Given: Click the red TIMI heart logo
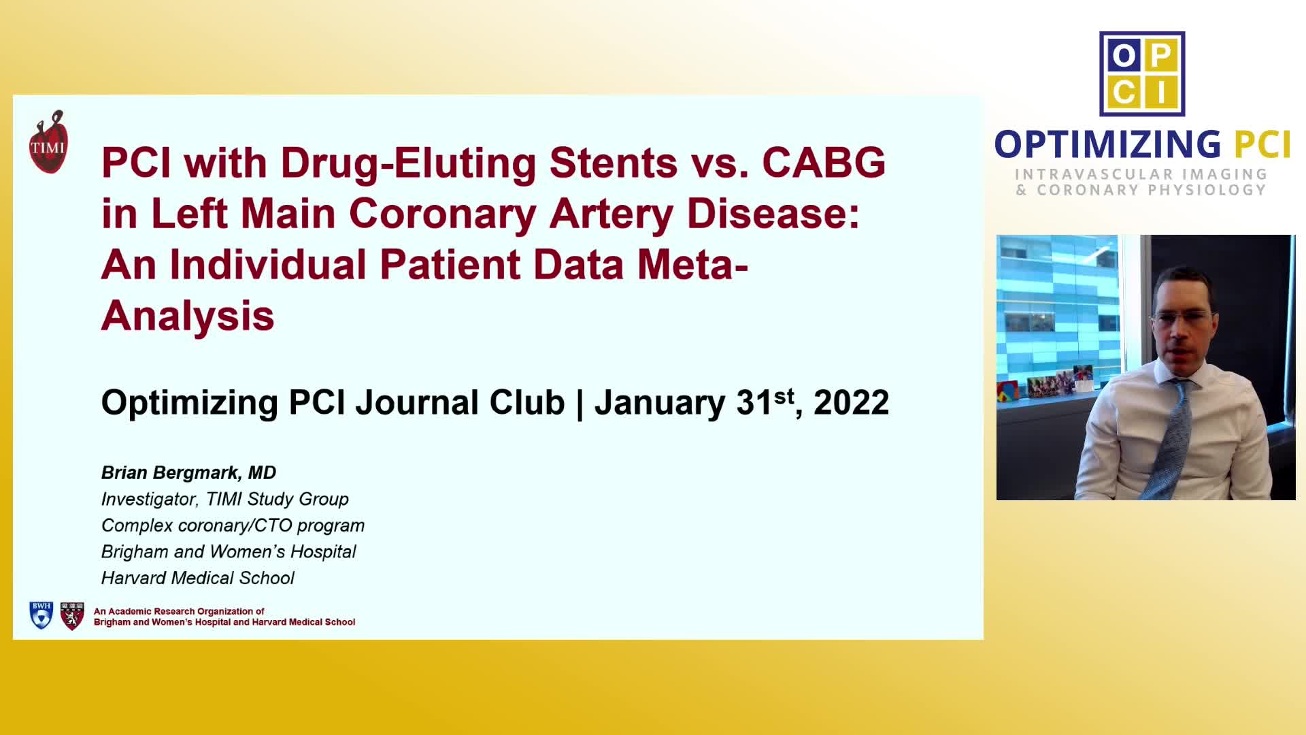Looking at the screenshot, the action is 48,142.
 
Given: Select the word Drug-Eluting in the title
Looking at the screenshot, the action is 408,164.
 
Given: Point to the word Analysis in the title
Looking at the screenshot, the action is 188,316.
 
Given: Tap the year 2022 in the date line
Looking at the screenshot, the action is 851,402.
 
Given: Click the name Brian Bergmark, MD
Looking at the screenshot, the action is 188,472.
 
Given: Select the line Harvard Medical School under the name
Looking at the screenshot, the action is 197,578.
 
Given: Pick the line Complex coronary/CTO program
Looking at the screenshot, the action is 233,525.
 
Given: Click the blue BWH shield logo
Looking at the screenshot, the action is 41,615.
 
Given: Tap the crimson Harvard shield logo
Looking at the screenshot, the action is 72,615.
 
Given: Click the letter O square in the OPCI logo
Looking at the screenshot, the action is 1124,55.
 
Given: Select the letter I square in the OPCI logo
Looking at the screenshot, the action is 1162,92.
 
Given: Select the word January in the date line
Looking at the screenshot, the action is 659,403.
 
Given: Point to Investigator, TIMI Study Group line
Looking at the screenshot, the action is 224,499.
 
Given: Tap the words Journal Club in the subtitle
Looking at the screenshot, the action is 460,402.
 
